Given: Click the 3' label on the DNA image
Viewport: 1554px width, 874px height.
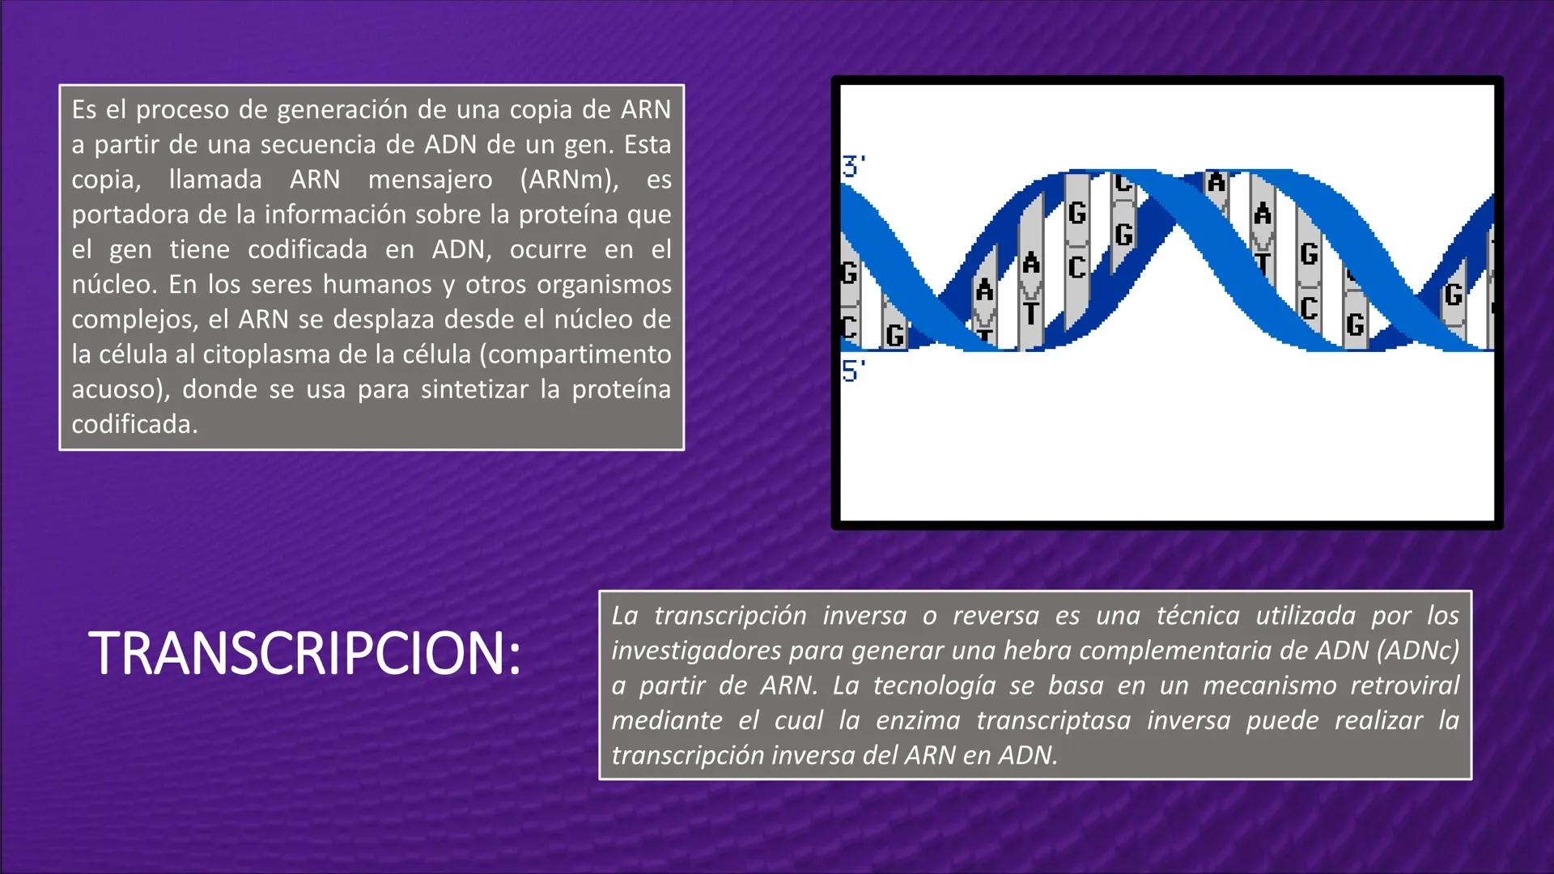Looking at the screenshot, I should pos(853,167).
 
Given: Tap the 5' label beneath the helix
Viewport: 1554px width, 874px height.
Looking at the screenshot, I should pos(853,371).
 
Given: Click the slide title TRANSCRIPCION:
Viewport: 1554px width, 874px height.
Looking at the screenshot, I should pos(305,654).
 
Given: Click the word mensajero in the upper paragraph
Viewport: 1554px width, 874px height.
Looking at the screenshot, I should pos(430,180).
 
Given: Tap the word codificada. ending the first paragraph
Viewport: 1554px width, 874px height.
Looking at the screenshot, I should pos(134,424).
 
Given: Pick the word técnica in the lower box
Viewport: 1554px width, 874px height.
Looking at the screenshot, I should pos(1197,616).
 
